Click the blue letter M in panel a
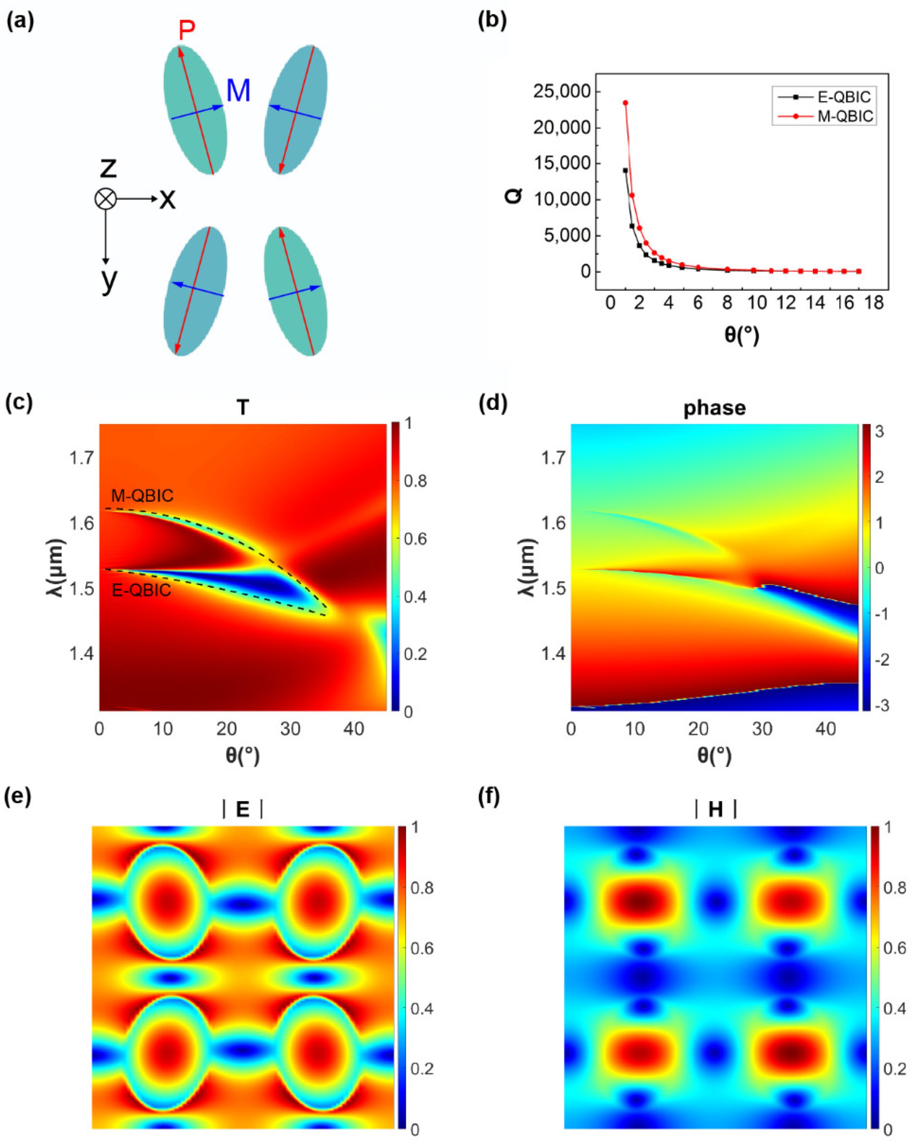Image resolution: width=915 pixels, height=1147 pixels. point(238,91)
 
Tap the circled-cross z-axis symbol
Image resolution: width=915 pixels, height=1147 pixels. point(105,199)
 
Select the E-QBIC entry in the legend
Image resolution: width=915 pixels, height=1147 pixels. point(843,97)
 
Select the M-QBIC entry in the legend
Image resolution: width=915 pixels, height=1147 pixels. point(845,116)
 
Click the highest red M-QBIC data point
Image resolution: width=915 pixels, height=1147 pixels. point(625,103)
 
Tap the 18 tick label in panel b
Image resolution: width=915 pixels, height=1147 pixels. point(873,303)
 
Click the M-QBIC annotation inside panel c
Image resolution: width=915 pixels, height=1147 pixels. point(142,496)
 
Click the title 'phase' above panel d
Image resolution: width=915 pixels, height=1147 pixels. point(714,408)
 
